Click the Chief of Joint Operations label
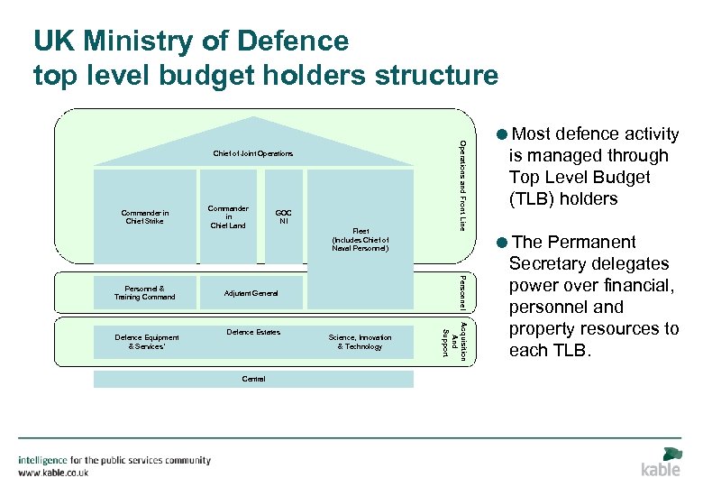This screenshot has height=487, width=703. [x=253, y=154]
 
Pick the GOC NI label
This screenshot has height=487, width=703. [x=284, y=216]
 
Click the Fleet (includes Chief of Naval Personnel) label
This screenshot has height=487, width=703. [x=361, y=239]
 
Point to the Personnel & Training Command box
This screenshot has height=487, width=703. [x=144, y=292]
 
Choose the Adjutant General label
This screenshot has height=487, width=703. [x=251, y=293]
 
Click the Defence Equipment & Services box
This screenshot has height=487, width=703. [x=147, y=342]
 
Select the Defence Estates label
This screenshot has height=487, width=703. [x=253, y=333]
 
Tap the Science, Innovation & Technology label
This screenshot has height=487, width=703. [x=361, y=342]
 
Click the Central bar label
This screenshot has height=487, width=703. [x=253, y=379]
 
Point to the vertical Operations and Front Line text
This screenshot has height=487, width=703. [x=463, y=185]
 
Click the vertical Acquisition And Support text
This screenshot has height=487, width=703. [x=453, y=339]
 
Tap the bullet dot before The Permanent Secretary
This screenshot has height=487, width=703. [x=501, y=243]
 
